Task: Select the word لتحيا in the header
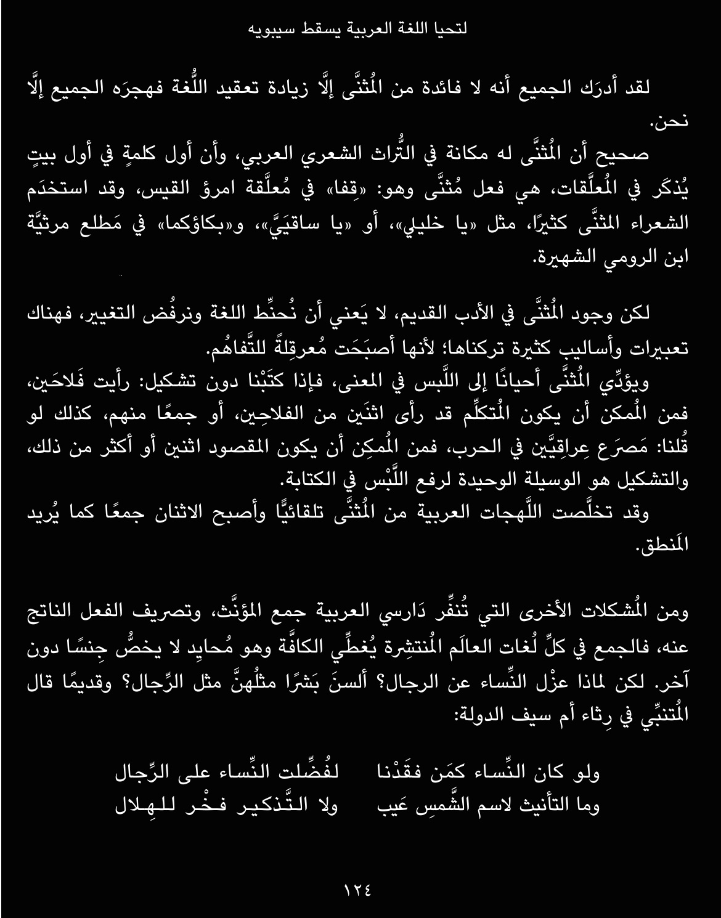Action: pos(450,29)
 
